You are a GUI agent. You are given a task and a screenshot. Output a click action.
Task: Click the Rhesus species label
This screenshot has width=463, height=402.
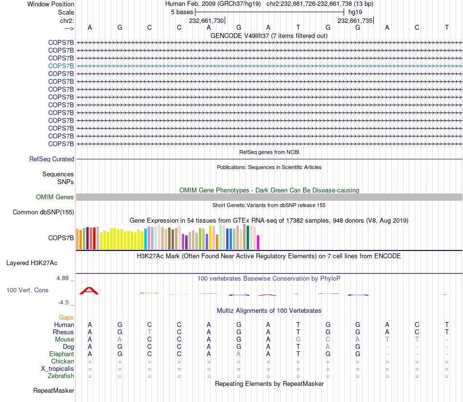63,332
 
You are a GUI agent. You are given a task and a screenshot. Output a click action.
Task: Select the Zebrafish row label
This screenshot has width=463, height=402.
61,376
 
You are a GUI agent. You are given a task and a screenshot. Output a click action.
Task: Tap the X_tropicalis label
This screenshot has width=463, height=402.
58,369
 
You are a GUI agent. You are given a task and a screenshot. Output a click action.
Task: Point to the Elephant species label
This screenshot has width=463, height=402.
61,354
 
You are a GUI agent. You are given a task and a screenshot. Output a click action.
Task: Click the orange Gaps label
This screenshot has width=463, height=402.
66,318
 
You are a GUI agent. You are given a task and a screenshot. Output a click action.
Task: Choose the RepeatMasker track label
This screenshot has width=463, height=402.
54,391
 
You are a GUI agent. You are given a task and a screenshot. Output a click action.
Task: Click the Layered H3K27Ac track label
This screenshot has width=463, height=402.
32,263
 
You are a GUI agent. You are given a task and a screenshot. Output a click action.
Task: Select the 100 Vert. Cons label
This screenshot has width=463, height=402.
27,290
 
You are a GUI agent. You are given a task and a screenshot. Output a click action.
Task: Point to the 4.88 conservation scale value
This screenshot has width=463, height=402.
64,279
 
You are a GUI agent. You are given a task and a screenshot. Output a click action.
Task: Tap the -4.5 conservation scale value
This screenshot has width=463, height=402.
65,303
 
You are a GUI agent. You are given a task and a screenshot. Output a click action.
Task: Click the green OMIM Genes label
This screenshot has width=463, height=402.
55,197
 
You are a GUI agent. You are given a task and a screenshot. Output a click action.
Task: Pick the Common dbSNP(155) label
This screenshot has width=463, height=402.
43,212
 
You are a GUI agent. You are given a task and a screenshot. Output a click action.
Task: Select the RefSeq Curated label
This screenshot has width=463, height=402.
52,159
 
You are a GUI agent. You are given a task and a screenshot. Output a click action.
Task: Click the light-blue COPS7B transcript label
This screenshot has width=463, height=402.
61,66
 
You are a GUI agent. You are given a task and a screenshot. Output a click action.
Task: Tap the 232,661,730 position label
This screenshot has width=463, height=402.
206,21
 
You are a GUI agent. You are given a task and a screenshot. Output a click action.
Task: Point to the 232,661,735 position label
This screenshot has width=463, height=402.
355,21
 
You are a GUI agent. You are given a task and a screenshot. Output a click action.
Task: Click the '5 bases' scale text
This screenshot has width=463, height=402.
182,12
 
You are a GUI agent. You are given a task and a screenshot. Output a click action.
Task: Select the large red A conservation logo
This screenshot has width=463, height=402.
89,291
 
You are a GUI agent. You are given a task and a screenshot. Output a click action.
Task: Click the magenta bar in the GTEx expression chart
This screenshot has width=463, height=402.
258,242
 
